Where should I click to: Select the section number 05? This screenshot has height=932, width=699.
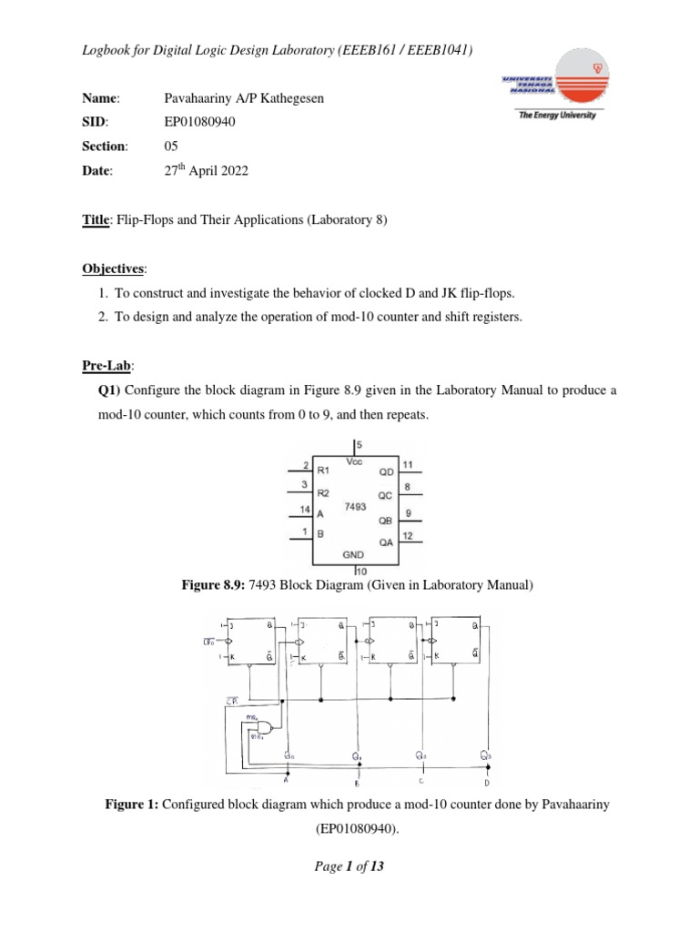pyautogui.click(x=171, y=146)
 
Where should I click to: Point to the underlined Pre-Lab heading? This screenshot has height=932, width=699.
pyautogui.click(x=108, y=365)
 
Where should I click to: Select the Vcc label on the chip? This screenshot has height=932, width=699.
pyautogui.click(x=355, y=462)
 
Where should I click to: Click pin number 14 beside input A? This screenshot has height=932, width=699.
pyautogui.click(x=304, y=509)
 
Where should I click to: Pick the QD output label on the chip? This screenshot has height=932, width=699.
pyautogui.click(x=387, y=472)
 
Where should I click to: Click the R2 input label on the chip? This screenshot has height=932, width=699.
pyautogui.click(x=323, y=491)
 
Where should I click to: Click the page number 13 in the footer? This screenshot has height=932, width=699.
pyautogui.click(x=376, y=866)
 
